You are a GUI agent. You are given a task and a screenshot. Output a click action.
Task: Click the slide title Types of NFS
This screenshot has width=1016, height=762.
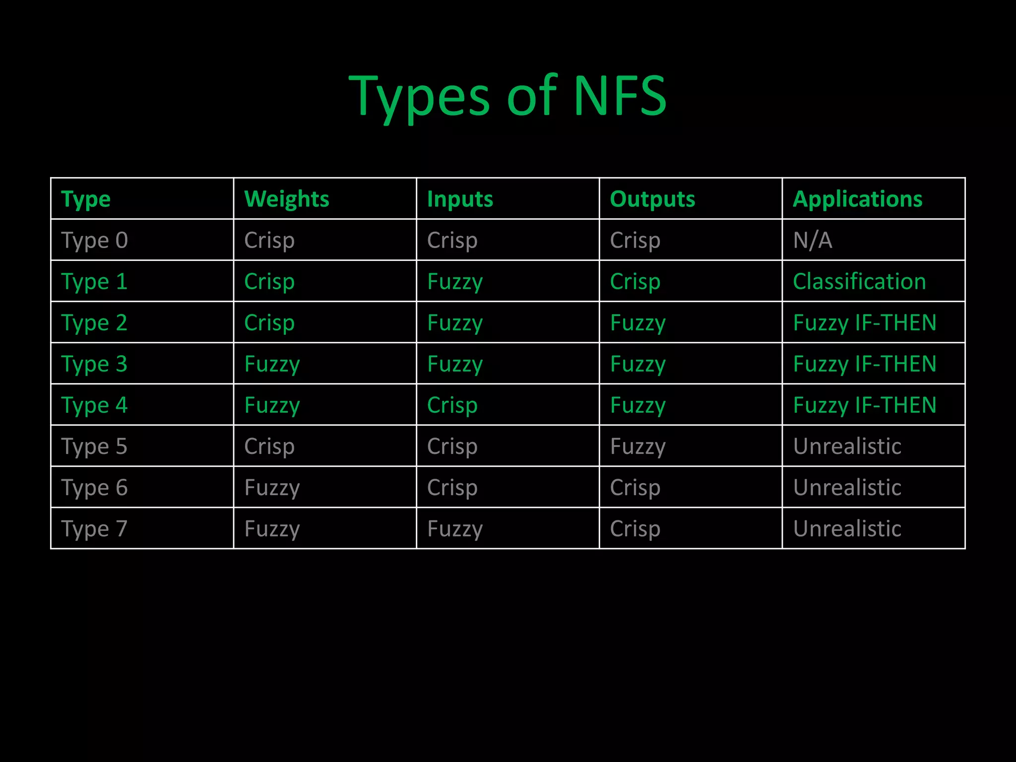(508, 96)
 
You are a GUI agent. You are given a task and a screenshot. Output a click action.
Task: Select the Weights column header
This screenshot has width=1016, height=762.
(286, 199)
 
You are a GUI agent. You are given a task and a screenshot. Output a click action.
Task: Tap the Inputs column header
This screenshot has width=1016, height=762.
(460, 199)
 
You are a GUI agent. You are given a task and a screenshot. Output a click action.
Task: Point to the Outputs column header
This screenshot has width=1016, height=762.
(652, 199)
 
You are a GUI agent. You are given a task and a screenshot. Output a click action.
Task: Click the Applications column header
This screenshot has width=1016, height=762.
(857, 199)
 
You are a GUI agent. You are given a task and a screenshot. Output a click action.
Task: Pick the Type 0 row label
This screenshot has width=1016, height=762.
(94, 240)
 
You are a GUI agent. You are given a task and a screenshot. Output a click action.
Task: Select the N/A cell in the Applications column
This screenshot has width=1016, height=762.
(813, 240)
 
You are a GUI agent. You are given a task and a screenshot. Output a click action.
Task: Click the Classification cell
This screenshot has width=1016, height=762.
(859, 281)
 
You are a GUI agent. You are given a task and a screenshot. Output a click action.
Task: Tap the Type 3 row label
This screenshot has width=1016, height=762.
(94, 364)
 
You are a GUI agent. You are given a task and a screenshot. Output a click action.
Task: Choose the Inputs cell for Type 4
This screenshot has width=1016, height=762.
(452, 405)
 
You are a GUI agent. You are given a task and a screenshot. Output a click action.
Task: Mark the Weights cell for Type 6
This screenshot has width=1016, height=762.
(272, 487)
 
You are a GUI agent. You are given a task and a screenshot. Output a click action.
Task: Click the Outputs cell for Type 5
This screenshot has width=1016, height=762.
(637, 446)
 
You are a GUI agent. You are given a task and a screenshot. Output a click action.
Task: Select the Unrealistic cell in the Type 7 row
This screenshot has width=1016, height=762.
(847, 528)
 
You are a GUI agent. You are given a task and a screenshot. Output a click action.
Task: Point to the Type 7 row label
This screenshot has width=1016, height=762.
(94, 528)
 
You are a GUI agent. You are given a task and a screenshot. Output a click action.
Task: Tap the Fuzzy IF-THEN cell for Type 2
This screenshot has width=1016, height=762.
(864, 322)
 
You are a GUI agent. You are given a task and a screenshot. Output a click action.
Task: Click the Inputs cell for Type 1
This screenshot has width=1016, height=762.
(454, 281)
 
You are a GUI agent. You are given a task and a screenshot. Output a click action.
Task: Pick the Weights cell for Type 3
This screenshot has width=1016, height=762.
(272, 364)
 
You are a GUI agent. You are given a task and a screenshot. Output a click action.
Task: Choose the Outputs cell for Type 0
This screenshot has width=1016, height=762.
(635, 240)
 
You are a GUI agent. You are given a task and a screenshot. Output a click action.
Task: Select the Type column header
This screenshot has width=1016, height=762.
(86, 199)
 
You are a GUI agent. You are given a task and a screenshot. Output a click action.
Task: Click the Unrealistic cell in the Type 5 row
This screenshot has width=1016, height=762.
(847, 446)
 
